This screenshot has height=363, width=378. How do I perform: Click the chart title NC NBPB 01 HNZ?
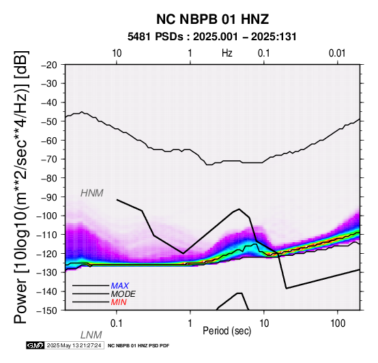(212, 19)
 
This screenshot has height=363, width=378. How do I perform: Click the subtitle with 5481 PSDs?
(212, 37)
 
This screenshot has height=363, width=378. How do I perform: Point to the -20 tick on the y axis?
(49, 65)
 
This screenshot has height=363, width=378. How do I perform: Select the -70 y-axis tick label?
(49, 159)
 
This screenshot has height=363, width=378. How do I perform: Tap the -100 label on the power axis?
(47, 216)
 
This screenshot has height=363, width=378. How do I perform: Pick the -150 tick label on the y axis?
(47, 310)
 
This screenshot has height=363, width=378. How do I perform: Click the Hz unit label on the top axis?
(227, 53)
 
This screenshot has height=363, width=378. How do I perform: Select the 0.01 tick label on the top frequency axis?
(337, 53)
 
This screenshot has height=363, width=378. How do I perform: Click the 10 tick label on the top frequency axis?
(117, 53)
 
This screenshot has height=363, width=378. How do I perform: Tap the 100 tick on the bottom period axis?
(338, 323)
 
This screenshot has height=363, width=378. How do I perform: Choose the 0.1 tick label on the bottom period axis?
(117, 323)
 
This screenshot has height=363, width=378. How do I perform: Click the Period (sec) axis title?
(227, 331)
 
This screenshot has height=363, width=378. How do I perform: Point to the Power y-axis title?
(21, 187)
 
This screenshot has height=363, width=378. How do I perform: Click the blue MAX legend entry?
(120, 286)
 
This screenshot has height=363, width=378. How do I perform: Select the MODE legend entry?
(123, 294)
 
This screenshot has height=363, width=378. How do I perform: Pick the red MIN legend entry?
(119, 302)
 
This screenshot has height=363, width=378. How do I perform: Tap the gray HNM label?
(92, 193)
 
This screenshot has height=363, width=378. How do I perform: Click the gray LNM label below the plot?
(91, 335)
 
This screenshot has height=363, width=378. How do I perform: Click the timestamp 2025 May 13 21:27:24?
(74, 345)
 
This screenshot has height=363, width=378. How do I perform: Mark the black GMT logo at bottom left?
(35, 345)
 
